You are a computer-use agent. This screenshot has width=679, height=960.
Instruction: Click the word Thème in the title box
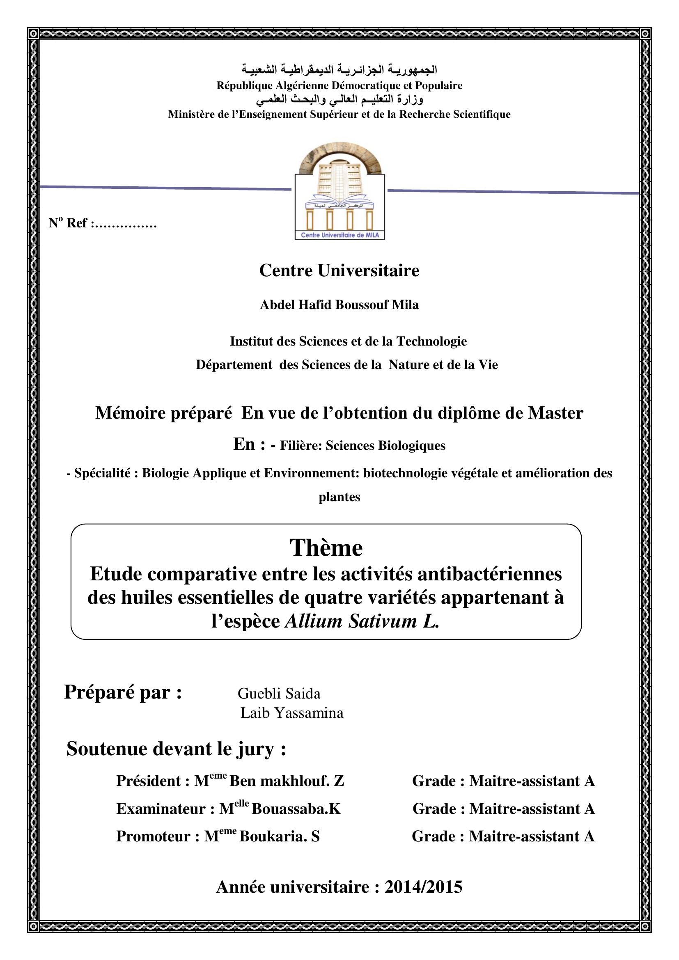pyautogui.click(x=326, y=548)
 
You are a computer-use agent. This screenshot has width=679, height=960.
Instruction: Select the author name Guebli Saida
pyautogui.click(x=279, y=693)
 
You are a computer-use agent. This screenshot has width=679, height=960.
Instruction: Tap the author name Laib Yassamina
pyautogui.click(x=292, y=713)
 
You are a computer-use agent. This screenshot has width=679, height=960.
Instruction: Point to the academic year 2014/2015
pyautogui.click(x=423, y=887)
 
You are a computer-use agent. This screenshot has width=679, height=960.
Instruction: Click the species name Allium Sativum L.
pyautogui.click(x=362, y=621)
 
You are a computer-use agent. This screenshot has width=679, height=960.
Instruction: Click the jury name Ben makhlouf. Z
pyautogui.click(x=287, y=781)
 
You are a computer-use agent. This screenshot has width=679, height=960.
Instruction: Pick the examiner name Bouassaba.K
pyautogui.click(x=296, y=809)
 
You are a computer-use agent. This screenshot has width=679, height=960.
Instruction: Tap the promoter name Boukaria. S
pyautogui.click(x=279, y=836)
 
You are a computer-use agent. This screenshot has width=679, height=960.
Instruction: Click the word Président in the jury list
pyautogui.click(x=149, y=781)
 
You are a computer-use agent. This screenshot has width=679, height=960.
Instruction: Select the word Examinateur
pyautogui.click(x=160, y=809)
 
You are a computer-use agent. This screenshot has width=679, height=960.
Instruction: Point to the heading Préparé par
pyautogui.click(x=123, y=692)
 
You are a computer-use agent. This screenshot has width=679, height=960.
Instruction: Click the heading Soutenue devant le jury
pyautogui.click(x=176, y=749)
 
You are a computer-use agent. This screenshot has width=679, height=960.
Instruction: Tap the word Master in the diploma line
pyautogui.click(x=555, y=413)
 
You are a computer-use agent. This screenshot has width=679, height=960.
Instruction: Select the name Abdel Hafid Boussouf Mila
pyautogui.click(x=339, y=305)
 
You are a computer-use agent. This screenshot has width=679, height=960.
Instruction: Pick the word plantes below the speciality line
pyautogui.click(x=339, y=497)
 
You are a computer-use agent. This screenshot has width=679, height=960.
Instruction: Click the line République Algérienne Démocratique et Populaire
pyautogui.click(x=339, y=86)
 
